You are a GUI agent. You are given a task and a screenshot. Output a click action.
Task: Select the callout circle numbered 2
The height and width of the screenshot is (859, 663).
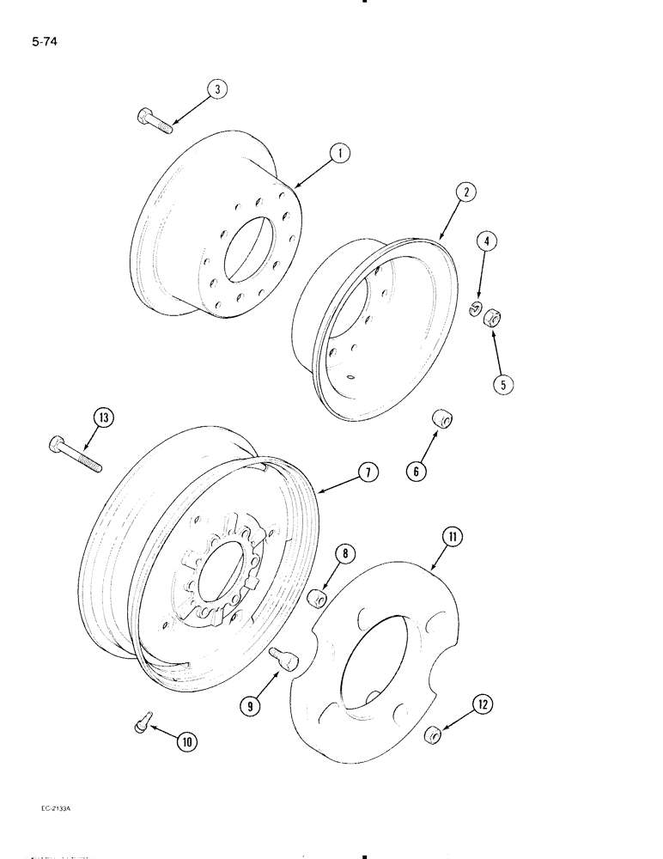tap(464, 192)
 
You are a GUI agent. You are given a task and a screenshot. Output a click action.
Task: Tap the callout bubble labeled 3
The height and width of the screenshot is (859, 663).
tap(217, 89)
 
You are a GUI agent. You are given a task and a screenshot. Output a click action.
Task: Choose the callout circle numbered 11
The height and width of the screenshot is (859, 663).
tap(452, 539)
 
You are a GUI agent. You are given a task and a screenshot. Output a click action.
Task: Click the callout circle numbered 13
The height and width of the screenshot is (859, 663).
tap(104, 418)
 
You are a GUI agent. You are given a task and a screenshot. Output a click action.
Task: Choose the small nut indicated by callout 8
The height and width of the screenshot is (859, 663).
tap(316, 596)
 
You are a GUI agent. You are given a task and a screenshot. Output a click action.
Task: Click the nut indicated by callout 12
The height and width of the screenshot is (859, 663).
tap(434, 734)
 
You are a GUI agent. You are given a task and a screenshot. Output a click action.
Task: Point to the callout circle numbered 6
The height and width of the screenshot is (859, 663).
tap(418, 470)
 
